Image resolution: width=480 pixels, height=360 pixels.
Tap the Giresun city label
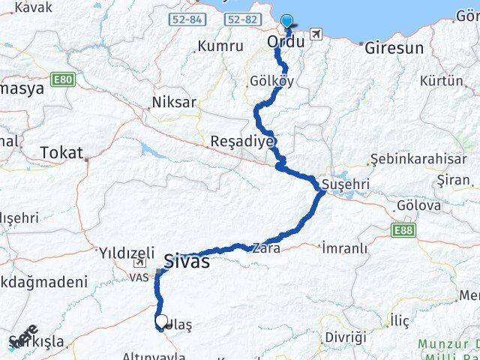[393, 48]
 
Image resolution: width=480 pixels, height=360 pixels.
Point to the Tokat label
[61, 152]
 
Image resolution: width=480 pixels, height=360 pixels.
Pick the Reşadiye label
[243, 142]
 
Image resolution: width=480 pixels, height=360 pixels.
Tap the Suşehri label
[342, 184]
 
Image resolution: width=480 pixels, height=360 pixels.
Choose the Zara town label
[266, 247]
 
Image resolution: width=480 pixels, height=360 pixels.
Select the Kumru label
[220, 46]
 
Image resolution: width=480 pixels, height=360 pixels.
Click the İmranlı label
[344, 247]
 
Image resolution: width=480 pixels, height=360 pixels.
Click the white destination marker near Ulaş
[161, 321]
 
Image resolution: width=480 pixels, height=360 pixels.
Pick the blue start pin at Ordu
[286, 22]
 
